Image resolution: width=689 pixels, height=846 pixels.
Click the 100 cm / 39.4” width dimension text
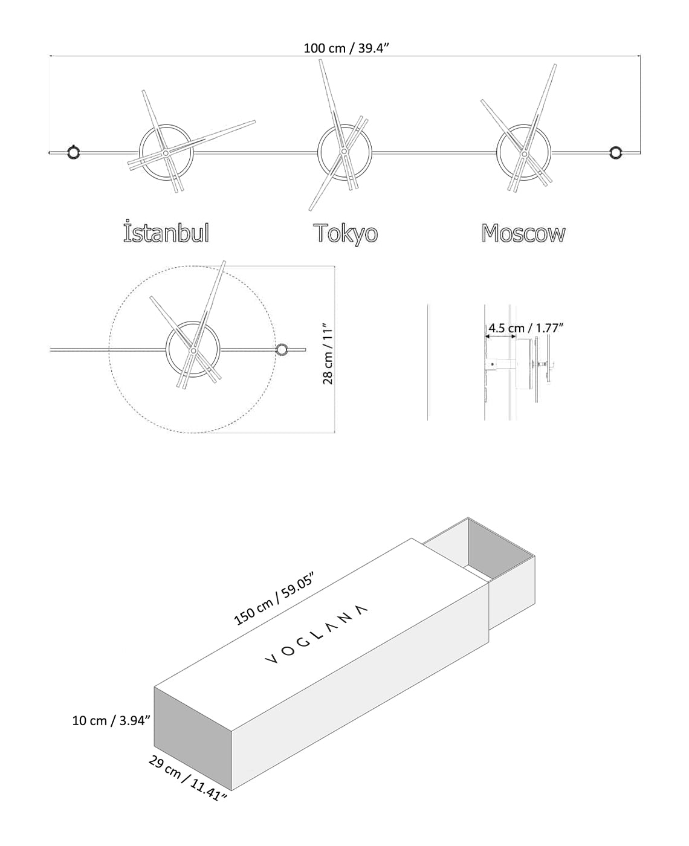345,48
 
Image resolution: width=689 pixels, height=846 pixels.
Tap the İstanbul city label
166,233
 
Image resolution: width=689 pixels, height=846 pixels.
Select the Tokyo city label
345,234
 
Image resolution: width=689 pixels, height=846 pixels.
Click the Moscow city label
523,233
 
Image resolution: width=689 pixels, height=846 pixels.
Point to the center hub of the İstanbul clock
165,153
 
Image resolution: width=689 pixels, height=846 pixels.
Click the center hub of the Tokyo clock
344,151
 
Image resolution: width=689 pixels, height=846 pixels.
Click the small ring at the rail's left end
73,152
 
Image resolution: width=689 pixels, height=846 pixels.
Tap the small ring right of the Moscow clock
616,152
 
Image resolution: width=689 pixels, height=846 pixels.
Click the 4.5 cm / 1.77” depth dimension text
525,328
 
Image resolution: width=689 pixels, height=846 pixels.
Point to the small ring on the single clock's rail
282,349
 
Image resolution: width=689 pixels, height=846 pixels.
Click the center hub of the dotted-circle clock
192,350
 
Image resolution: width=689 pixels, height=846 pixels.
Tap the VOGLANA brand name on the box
316,632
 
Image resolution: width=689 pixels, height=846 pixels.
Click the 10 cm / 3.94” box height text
111,720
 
